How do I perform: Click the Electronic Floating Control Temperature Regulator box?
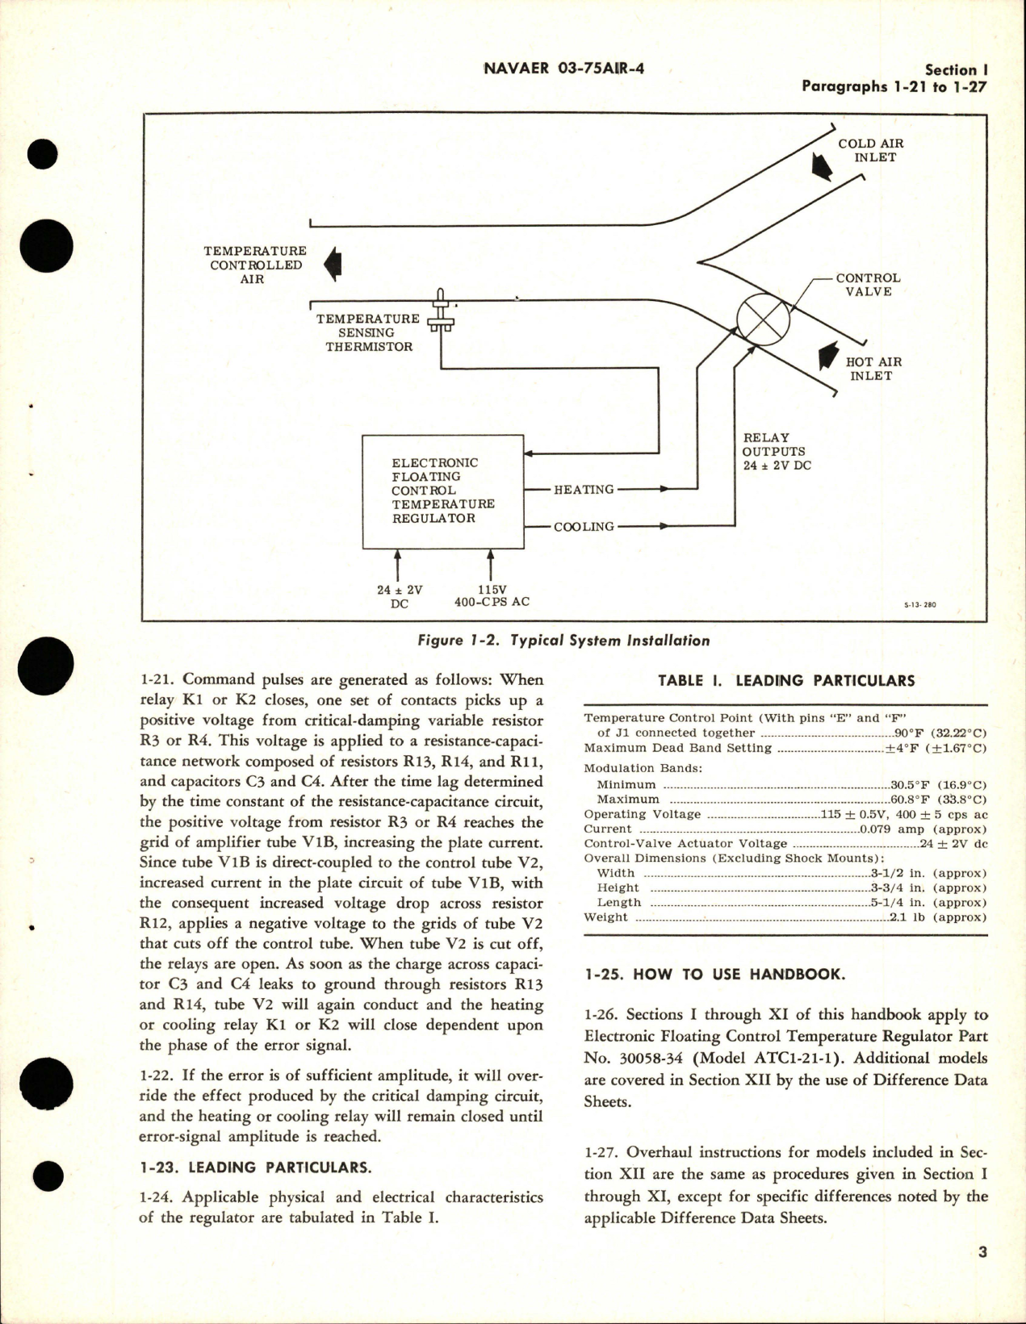[442, 491]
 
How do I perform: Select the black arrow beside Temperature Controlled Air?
[332, 265]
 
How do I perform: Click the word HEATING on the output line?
[583, 490]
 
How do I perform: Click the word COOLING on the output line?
[583, 527]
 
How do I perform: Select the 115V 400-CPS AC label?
[492, 596]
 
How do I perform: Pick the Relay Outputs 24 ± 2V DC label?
[776, 452]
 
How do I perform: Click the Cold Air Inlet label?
[870, 150]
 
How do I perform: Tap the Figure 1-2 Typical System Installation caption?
[564, 641]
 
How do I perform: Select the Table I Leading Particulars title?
[785, 681]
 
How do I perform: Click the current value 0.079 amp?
[923, 829]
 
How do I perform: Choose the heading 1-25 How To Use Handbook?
[714, 974]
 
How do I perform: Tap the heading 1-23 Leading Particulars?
[256, 1167]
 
